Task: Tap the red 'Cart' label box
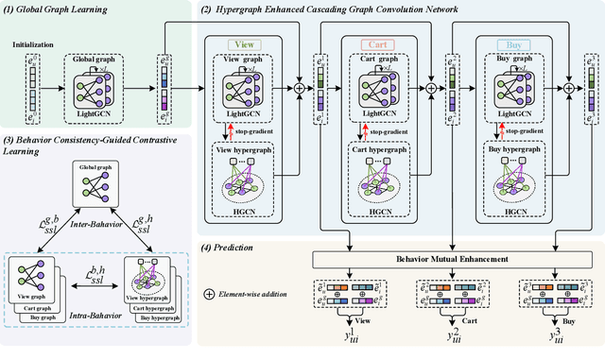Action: point(378,44)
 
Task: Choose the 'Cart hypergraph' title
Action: point(378,150)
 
